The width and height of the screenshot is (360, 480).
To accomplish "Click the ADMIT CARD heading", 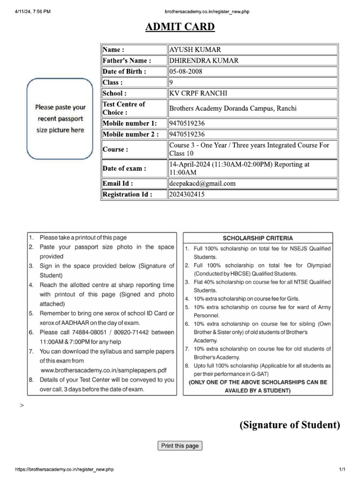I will (x=180, y=27).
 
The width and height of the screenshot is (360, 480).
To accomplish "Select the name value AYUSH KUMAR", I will (x=195, y=50).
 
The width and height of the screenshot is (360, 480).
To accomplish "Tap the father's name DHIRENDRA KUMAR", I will (x=203, y=60).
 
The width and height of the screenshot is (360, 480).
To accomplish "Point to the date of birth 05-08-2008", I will (x=186, y=71).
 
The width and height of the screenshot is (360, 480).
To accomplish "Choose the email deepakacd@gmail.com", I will (x=202, y=183).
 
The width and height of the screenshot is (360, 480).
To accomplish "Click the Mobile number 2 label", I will (x=130, y=134).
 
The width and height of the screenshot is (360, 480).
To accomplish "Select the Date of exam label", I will (x=124, y=168).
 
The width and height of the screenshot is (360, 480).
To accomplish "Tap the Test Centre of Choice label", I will (x=124, y=108).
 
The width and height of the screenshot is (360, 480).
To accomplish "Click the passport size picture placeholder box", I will (x=60, y=119).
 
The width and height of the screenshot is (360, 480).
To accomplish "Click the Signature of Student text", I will (x=290, y=425).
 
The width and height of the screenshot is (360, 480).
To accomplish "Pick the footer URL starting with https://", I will (x=65, y=469).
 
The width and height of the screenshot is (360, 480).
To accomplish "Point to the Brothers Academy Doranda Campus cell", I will (x=233, y=108).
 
